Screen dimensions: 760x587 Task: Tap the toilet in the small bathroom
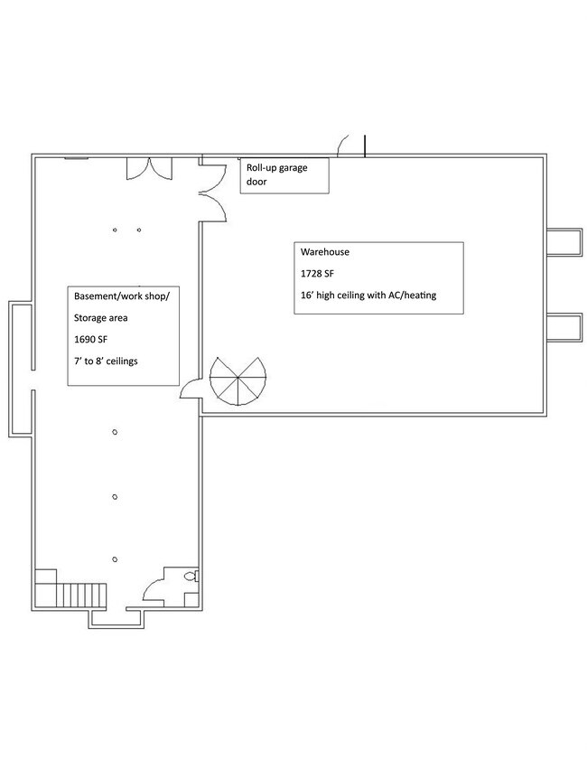pyautogui.click(x=190, y=577)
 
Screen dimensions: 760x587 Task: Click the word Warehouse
pyautogui.click(x=325, y=252)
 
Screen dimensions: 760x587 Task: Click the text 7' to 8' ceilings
pyautogui.click(x=112, y=361)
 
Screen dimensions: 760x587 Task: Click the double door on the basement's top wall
pyautogui.click(x=148, y=168)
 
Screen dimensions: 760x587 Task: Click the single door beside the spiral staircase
pyautogui.click(x=191, y=389)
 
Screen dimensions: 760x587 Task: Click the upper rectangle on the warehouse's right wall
pyautogui.click(x=564, y=243)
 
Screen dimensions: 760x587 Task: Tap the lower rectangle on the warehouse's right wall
pyautogui.click(x=564, y=326)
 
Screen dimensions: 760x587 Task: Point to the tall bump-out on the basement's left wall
pyautogui.click(x=22, y=367)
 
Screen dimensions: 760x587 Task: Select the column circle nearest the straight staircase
pyautogui.click(x=114, y=559)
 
